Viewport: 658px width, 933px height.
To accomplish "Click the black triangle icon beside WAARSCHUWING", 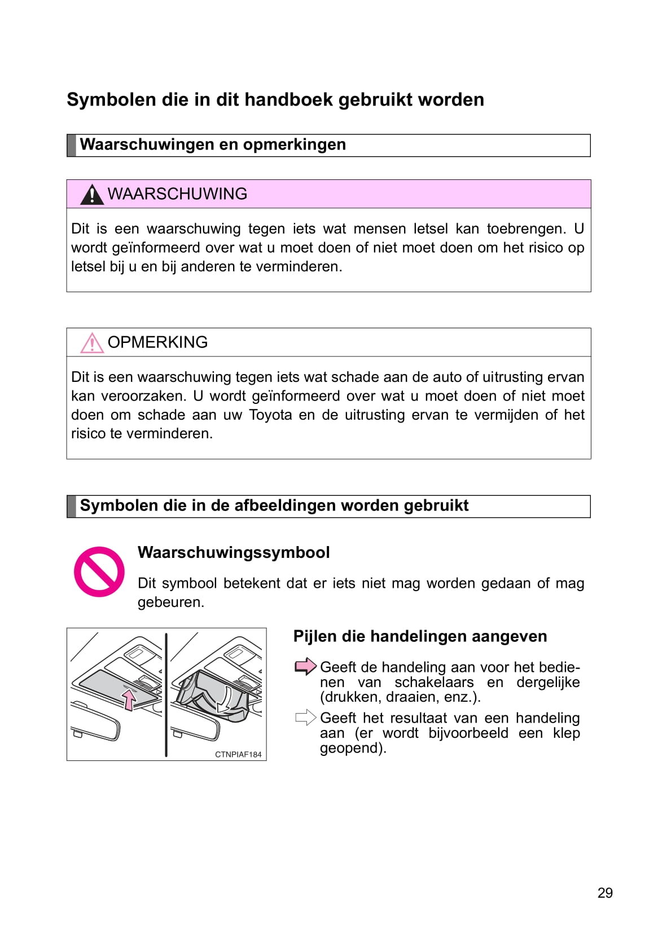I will (x=91, y=195).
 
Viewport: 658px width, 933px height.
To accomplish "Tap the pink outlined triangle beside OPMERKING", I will (x=91, y=344).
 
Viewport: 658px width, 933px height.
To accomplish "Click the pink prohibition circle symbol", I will (x=99, y=571).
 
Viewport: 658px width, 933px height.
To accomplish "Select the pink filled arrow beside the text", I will (x=305, y=667).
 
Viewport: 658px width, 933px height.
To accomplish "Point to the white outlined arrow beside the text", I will (x=305, y=718).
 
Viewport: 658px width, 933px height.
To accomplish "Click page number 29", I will (x=605, y=893).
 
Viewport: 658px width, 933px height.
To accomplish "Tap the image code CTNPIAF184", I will (x=238, y=755).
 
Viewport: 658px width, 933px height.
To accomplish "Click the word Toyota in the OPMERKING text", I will (x=270, y=415).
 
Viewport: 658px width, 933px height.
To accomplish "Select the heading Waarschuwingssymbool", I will (x=234, y=552).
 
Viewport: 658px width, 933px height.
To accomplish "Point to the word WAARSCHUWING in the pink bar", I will (x=177, y=194).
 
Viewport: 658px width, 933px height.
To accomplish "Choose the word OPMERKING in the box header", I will (x=157, y=342).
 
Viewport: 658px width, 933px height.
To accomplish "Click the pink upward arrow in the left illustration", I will (x=130, y=699).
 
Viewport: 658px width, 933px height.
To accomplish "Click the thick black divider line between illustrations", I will (x=166, y=694).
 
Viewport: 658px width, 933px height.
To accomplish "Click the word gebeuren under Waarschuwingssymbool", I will (x=170, y=602).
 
